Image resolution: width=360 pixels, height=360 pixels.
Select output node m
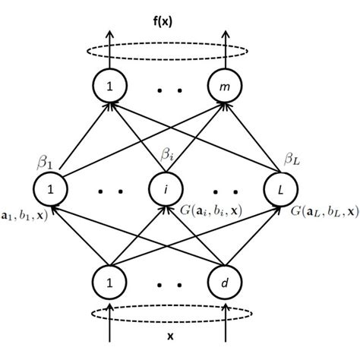tap(224, 89)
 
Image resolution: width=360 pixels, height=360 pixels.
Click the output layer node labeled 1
tap(111, 89)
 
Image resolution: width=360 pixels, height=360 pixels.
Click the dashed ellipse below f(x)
tap(167, 52)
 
